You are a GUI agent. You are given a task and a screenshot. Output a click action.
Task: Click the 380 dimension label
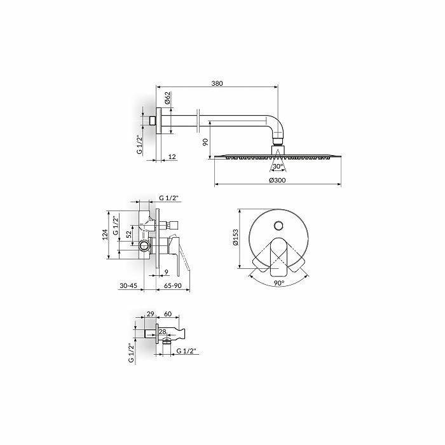coord(217,83)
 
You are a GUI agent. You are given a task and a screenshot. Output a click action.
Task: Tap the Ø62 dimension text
coord(167,98)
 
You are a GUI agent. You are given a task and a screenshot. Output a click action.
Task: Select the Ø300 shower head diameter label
coord(278,180)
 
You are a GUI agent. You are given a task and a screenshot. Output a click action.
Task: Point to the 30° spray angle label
coord(278,167)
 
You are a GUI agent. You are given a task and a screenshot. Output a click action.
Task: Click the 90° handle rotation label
coord(279,283)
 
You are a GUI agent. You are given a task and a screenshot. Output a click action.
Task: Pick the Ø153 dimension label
coord(236,237)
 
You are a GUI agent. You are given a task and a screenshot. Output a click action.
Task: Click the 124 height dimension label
coord(105,235)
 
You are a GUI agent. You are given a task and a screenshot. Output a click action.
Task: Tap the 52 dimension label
coord(129,235)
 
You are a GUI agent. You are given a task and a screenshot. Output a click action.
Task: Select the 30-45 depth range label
coord(128,286)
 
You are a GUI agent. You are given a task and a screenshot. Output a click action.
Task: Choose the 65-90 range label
coord(173,286)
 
